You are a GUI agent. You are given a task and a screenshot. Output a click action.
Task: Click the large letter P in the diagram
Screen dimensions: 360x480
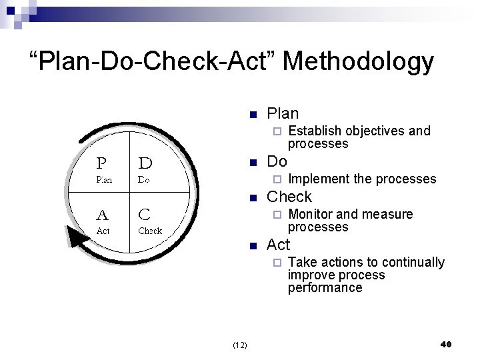coord(102,163)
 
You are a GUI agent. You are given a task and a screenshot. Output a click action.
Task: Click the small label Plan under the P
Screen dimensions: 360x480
coord(104,179)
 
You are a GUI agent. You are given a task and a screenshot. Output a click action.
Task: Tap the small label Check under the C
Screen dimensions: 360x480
coord(149,231)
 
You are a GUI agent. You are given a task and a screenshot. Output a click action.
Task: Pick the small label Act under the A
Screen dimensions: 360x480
coord(103,231)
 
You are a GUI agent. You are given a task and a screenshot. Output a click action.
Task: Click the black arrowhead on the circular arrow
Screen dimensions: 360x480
coord(80,244)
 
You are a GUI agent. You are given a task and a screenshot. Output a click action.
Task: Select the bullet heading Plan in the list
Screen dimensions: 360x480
coord(283,113)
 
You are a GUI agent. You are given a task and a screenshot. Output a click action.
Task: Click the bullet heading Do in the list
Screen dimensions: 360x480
coord(277,162)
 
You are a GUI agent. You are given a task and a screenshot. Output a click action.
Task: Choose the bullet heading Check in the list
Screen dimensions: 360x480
coord(289,197)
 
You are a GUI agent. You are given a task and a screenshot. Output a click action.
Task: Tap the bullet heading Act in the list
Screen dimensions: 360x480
coord(278,245)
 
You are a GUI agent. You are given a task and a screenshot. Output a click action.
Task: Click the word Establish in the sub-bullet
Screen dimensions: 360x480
coord(314,131)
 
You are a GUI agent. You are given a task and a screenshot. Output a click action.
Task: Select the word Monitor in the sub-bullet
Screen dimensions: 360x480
coord(310,214)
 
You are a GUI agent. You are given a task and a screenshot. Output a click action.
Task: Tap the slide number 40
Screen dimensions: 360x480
coord(447,344)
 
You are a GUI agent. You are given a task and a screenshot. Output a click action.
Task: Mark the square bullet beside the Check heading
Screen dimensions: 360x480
coord(252,198)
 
